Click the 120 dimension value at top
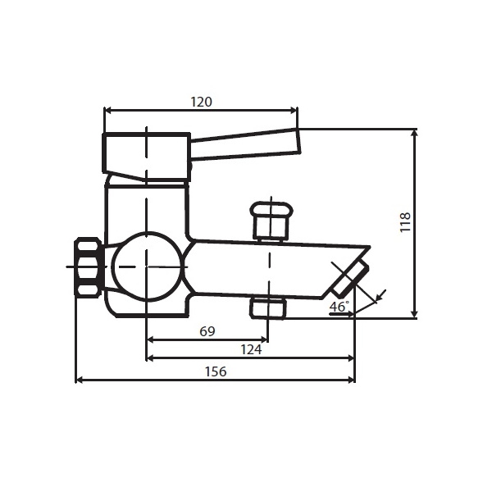point(201,102)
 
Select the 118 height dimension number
point(405,222)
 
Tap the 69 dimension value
point(207,331)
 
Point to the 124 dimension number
point(251,349)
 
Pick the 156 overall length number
point(216,371)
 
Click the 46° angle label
point(339,306)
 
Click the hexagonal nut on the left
point(88,266)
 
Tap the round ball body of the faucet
point(147,266)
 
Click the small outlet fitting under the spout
point(267,307)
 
